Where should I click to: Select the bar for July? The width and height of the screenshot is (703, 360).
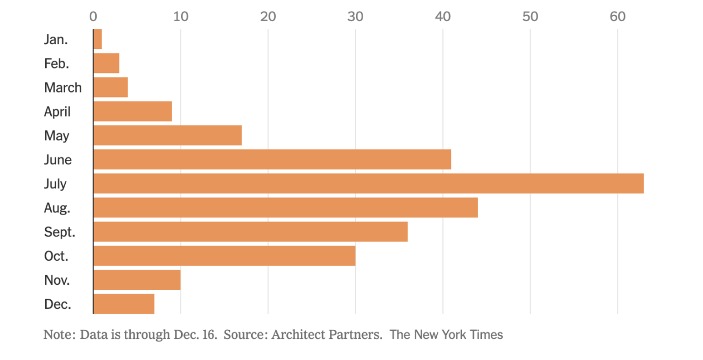click(x=368, y=183)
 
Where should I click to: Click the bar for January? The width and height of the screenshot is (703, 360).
click(x=97, y=39)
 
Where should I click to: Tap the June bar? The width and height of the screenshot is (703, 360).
click(x=272, y=159)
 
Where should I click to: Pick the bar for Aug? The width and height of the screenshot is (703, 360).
click(x=285, y=207)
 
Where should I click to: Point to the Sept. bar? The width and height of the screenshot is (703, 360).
click(x=250, y=231)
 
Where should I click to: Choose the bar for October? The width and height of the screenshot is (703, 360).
click(x=224, y=256)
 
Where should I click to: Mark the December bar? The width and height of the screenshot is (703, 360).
click(x=124, y=304)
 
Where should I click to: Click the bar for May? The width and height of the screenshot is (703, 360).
click(x=167, y=135)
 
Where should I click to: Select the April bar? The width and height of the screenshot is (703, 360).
click(x=133, y=111)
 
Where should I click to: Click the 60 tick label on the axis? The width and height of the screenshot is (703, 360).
click(x=617, y=17)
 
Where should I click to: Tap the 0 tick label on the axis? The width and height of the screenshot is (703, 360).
click(x=93, y=17)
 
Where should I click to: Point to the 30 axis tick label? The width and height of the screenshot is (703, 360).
click(x=355, y=17)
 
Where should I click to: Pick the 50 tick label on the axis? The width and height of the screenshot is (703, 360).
click(x=530, y=17)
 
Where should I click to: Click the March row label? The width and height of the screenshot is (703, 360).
click(x=63, y=87)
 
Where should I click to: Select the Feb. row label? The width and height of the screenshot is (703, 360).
click(x=57, y=64)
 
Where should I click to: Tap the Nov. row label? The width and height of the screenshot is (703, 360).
click(x=57, y=280)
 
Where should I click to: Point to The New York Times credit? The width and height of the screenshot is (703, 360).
click(x=446, y=335)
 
